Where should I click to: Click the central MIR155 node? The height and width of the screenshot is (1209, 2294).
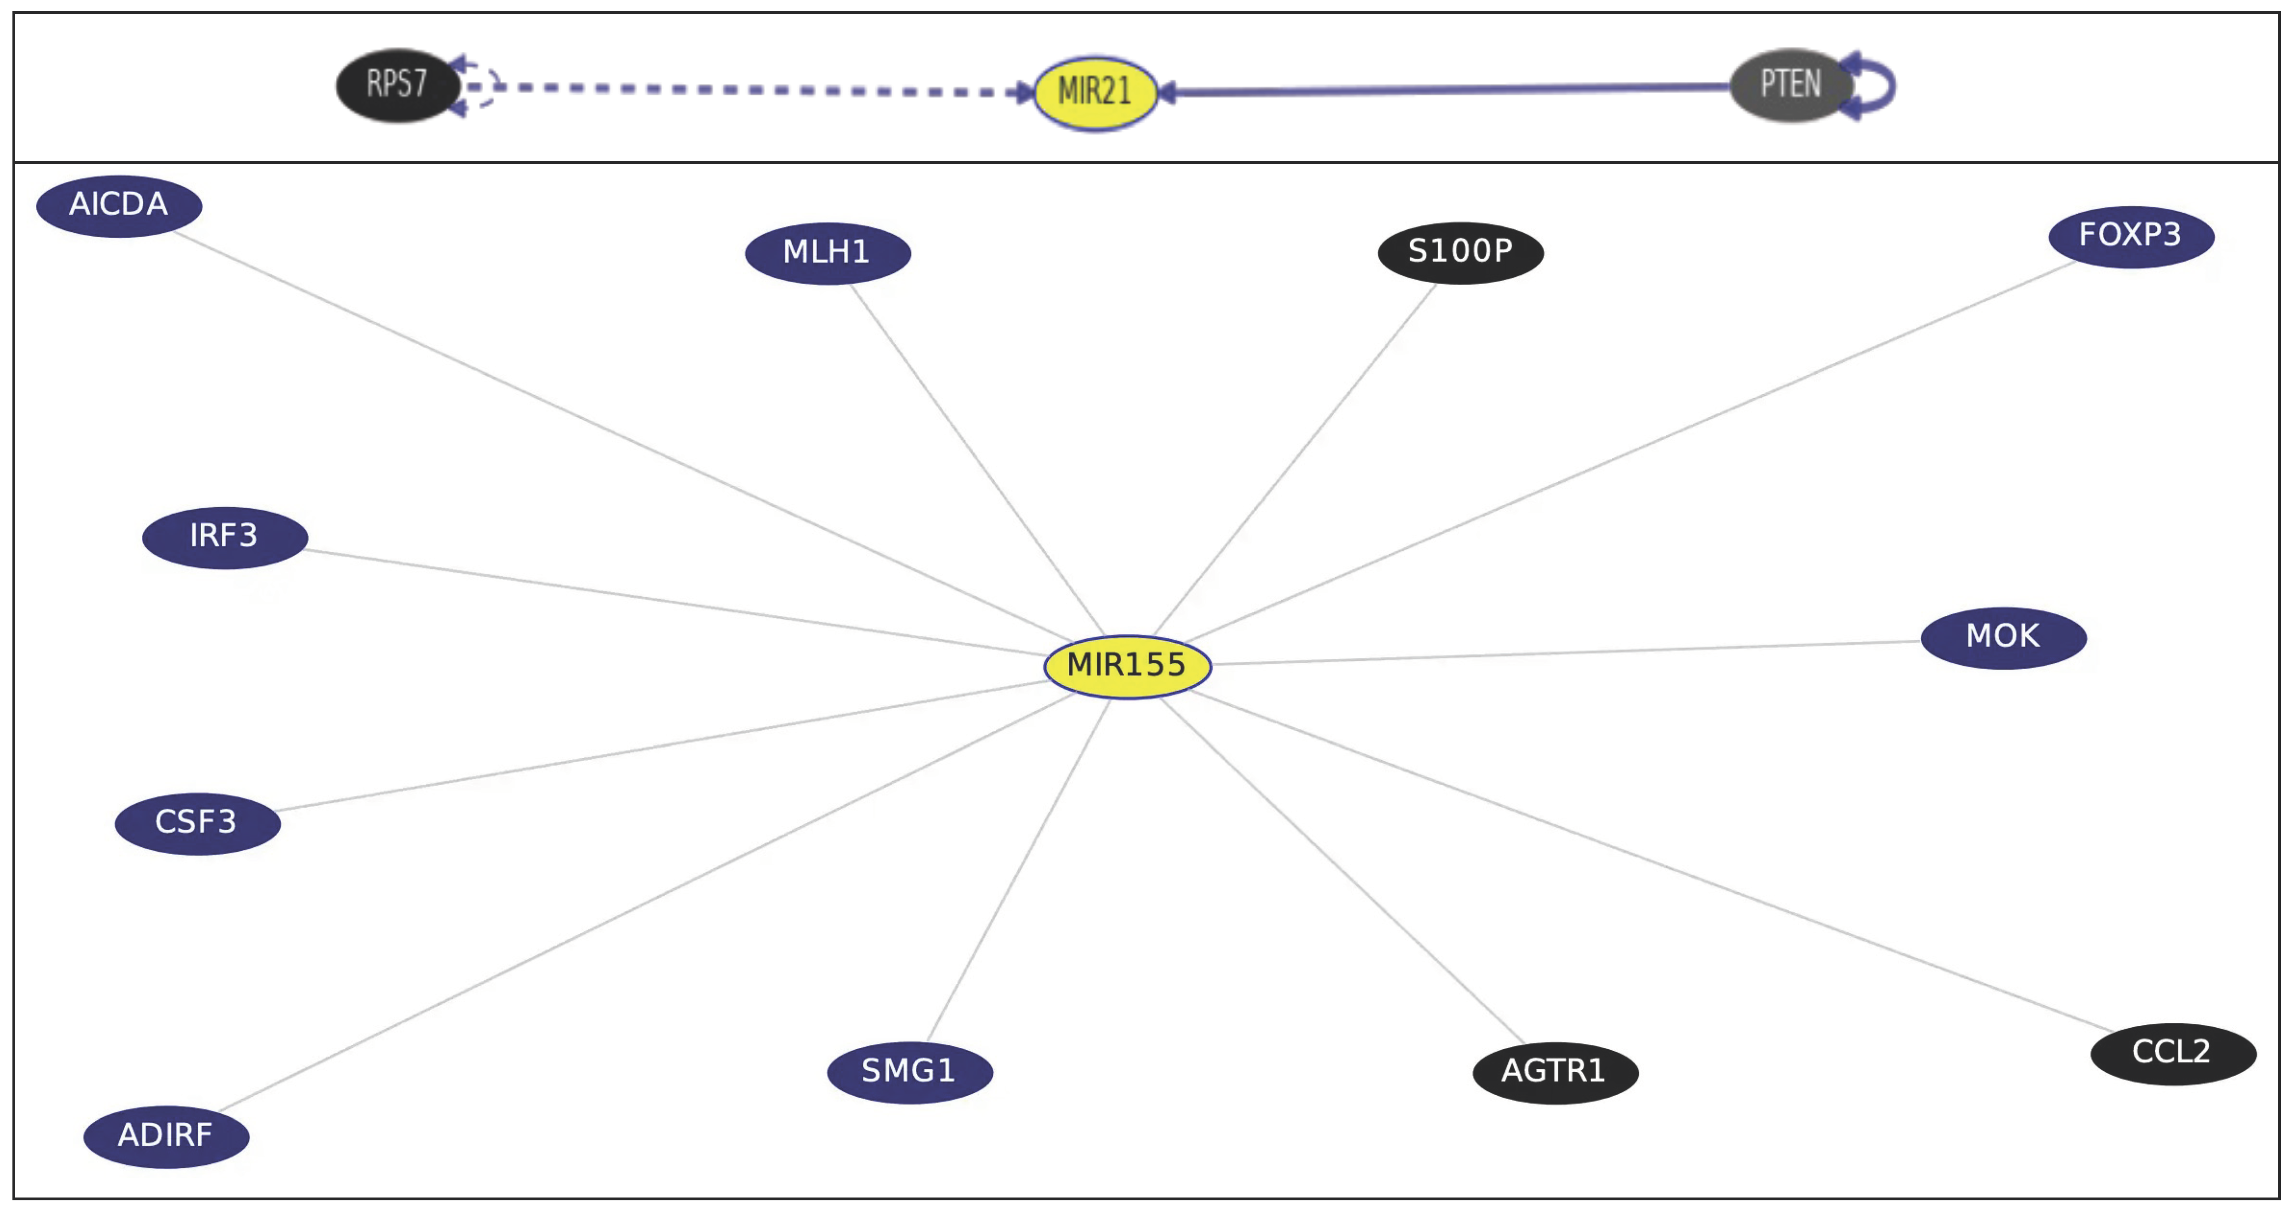pos(1127,666)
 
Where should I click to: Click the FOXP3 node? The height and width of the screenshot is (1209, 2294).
pos(2130,236)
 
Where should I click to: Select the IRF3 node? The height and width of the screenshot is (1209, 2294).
pos(225,537)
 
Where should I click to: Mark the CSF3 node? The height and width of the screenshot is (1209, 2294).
pos(197,823)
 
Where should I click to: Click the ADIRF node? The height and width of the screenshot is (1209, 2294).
pos(166,1136)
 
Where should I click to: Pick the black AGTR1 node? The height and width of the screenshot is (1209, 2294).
pos(1555,1072)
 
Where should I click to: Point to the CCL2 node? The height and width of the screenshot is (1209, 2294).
pos(2172,1053)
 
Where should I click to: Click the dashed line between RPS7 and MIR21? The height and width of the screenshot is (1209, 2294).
pos(757,89)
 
